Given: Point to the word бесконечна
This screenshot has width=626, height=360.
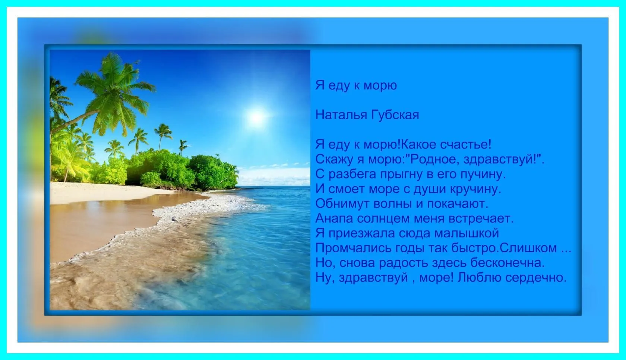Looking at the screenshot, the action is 508,263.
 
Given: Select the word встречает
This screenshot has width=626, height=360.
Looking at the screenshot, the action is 481,218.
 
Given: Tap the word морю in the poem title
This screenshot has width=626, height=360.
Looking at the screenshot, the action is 380,86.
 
